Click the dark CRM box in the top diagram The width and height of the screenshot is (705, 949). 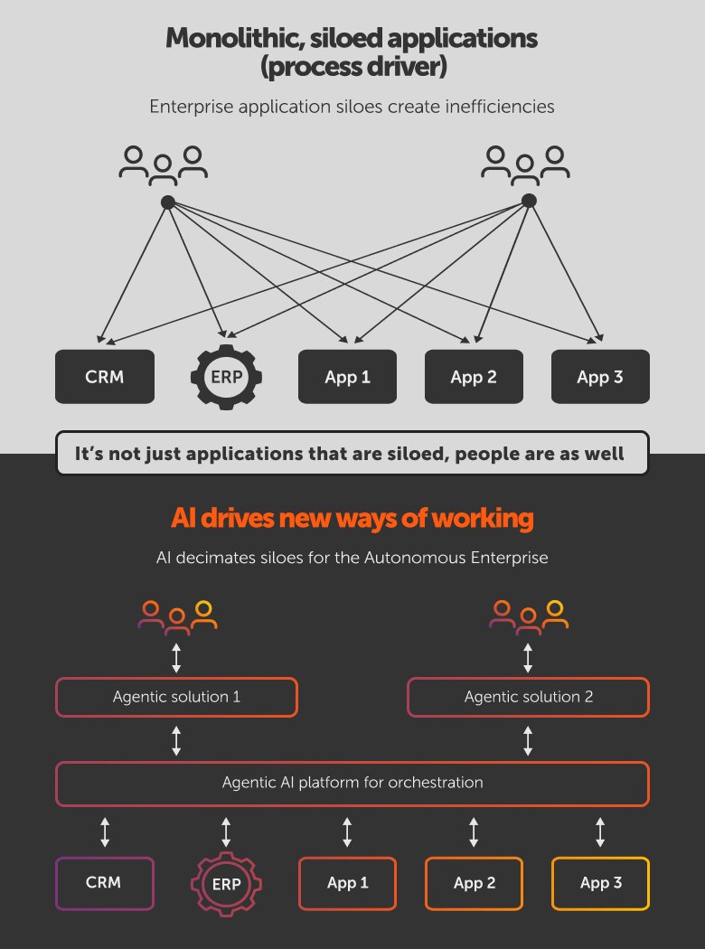point(104,377)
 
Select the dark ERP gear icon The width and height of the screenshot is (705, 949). point(226,377)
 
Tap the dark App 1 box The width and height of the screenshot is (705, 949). point(347,377)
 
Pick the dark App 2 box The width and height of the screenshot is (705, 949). point(474,377)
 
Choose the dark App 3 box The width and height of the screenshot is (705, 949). point(600,377)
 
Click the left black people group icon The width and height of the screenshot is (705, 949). point(164,163)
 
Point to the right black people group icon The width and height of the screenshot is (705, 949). point(526,163)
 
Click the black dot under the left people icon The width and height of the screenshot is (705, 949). point(167,202)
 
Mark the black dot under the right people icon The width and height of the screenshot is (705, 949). point(530,201)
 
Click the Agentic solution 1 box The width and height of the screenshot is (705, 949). point(176,697)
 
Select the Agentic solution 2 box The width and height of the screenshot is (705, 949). point(528,697)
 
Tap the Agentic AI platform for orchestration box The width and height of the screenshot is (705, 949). point(352,783)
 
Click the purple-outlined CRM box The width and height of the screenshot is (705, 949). point(104,883)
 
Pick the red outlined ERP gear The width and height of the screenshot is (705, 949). point(226,883)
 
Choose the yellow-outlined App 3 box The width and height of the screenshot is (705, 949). point(600,883)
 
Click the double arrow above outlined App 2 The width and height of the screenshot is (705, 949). point(474,832)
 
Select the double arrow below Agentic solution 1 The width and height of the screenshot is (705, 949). point(176,740)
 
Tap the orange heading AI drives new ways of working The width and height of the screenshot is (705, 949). point(352,520)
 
